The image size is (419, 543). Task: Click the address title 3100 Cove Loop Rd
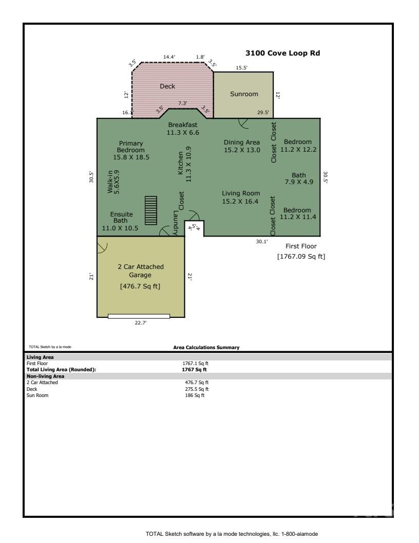pos(283,53)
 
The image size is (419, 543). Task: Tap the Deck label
pos(167,86)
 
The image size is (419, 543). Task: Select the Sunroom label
pos(244,94)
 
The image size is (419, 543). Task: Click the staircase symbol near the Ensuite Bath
pos(150,210)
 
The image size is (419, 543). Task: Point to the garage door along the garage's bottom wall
pos(139,316)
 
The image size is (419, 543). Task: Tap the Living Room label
pos(241,193)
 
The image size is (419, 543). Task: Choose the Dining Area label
pos(242,142)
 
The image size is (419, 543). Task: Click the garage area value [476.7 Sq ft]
pos(140,286)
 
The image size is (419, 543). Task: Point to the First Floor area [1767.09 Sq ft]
pos(301,256)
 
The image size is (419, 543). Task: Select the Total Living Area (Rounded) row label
pos(61,369)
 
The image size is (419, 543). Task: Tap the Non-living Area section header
pos(45,376)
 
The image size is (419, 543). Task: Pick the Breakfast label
pos(183,125)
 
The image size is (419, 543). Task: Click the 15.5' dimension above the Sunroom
pos(242,67)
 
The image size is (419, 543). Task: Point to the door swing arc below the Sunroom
pos(244,123)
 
